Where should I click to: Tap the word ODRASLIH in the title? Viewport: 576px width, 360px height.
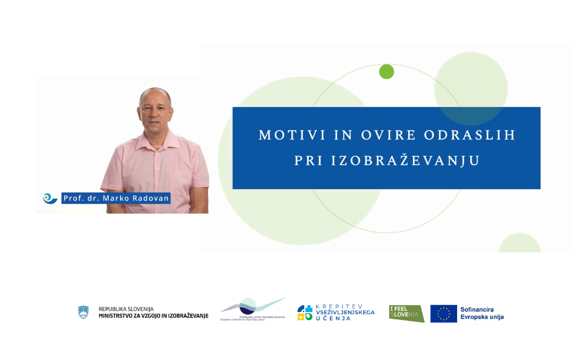[469, 135]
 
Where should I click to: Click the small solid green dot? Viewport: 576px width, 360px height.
[386, 71]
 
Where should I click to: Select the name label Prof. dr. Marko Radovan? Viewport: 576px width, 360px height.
[116, 198]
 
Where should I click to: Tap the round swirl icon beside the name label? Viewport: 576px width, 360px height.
[50, 198]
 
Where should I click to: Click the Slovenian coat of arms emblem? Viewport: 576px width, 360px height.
[83, 313]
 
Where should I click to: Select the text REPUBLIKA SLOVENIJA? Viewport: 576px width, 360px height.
[126, 309]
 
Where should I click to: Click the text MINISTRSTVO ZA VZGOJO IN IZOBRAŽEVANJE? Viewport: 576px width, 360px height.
[154, 316]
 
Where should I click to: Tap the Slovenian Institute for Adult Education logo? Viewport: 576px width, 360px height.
[252, 310]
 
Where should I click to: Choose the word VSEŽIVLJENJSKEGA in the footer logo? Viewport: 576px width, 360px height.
[345, 312]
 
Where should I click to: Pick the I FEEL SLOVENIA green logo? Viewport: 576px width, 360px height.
[406, 313]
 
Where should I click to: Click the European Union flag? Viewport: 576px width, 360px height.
[443, 314]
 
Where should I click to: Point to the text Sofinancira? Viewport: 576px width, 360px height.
[477, 309]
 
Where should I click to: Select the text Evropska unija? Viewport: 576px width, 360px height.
[482, 317]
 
